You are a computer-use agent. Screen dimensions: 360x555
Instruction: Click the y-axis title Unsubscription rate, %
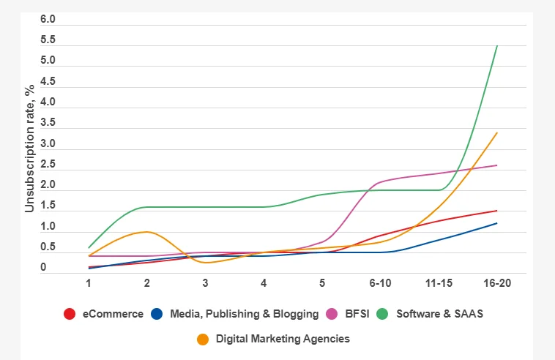pyautogui.click(x=29, y=149)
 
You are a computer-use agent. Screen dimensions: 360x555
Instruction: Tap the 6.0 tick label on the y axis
pyautogui.click(x=48, y=19)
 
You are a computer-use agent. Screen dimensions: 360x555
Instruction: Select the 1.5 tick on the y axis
pyautogui.click(x=48, y=206)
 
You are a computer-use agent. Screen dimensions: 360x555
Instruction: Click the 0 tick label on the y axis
pyautogui.click(x=43, y=268)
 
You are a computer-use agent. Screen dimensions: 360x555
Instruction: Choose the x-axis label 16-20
pyautogui.click(x=497, y=283)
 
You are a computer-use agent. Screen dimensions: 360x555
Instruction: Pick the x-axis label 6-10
pyautogui.click(x=380, y=283)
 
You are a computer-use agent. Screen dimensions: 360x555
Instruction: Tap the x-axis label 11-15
pyautogui.click(x=439, y=283)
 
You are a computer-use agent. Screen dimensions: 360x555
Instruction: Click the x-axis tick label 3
pyautogui.click(x=205, y=283)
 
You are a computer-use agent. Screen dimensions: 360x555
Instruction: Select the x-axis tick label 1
pyautogui.click(x=89, y=283)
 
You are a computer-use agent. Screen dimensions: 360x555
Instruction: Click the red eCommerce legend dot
pyautogui.click(x=70, y=314)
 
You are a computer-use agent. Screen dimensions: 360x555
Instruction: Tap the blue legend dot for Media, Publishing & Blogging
pyautogui.click(x=156, y=314)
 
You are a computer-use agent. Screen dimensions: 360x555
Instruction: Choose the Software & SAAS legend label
pyautogui.click(x=439, y=314)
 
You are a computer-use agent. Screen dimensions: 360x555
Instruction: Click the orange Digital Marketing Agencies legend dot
pyautogui.click(x=203, y=339)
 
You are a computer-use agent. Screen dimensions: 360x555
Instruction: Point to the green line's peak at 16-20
pyautogui.click(x=497, y=46)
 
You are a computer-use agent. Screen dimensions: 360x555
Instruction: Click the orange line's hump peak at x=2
pyautogui.click(x=147, y=232)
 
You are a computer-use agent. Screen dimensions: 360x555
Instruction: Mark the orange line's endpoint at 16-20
pyautogui.click(x=497, y=133)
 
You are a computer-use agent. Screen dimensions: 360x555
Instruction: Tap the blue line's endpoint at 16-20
pyautogui.click(x=497, y=223)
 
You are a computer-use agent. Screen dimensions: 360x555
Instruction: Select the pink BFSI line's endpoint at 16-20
pyautogui.click(x=497, y=165)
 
